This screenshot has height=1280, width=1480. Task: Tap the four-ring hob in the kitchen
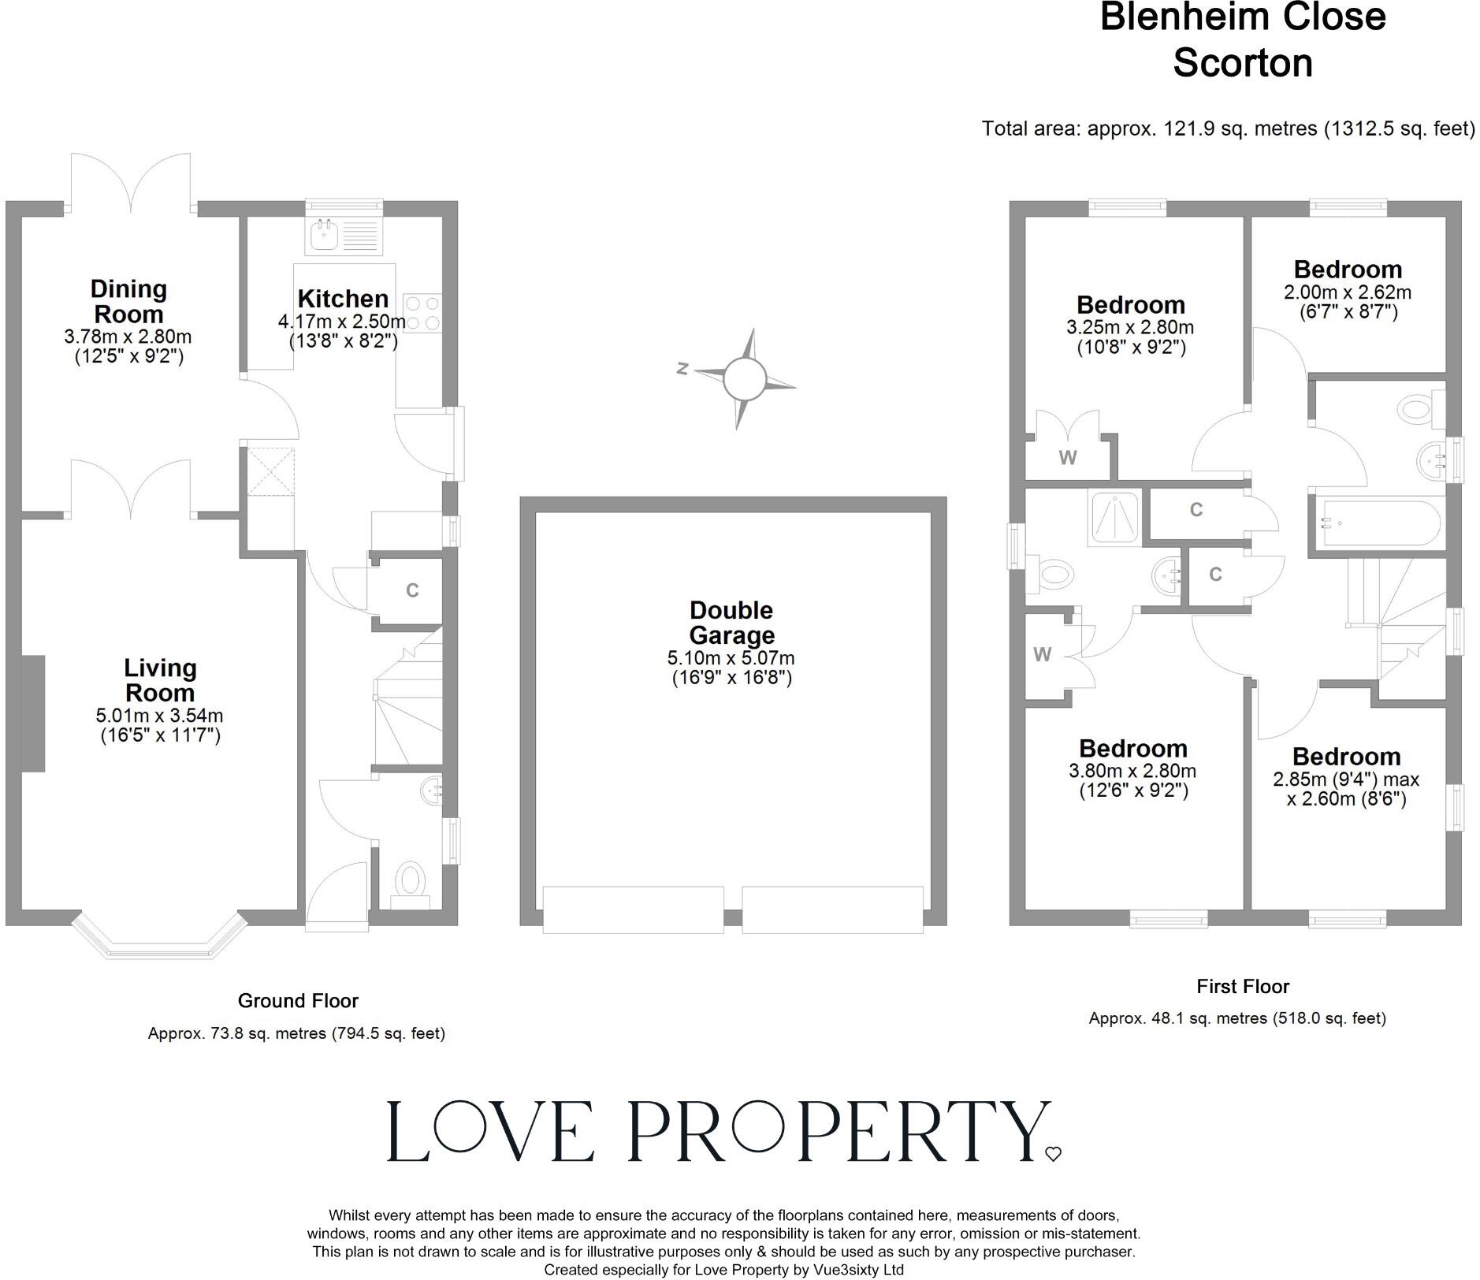pyautogui.click(x=422, y=312)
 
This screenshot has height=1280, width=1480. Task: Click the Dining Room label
pyautogui.click(x=128, y=301)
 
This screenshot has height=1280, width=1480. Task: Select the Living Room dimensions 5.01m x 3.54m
pyautogui.click(x=159, y=716)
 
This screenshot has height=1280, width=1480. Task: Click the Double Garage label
pyautogui.click(x=731, y=622)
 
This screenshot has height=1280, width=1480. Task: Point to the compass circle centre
pyautogui.click(x=744, y=378)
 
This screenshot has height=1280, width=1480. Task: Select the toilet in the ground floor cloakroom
pyautogui.click(x=410, y=880)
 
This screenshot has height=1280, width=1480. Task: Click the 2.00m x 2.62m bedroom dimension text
pyautogui.click(x=1348, y=292)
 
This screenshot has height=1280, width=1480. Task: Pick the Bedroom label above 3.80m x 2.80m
pyautogui.click(x=1132, y=748)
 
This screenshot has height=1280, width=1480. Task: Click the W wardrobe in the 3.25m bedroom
pyautogui.click(x=1068, y=458)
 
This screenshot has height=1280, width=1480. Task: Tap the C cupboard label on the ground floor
pyautogui.click(x=412, y=590)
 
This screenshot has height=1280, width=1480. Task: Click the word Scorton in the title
pyautogui.click(x=1243, y=63)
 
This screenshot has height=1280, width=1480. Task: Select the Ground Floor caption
pyautogui.click(x=298, y=1001)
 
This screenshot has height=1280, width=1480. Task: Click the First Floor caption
pyautogui.click(x=1243, y=986)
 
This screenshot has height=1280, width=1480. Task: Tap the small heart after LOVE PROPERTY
pyautogui.click(x=1053, y=1154)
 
